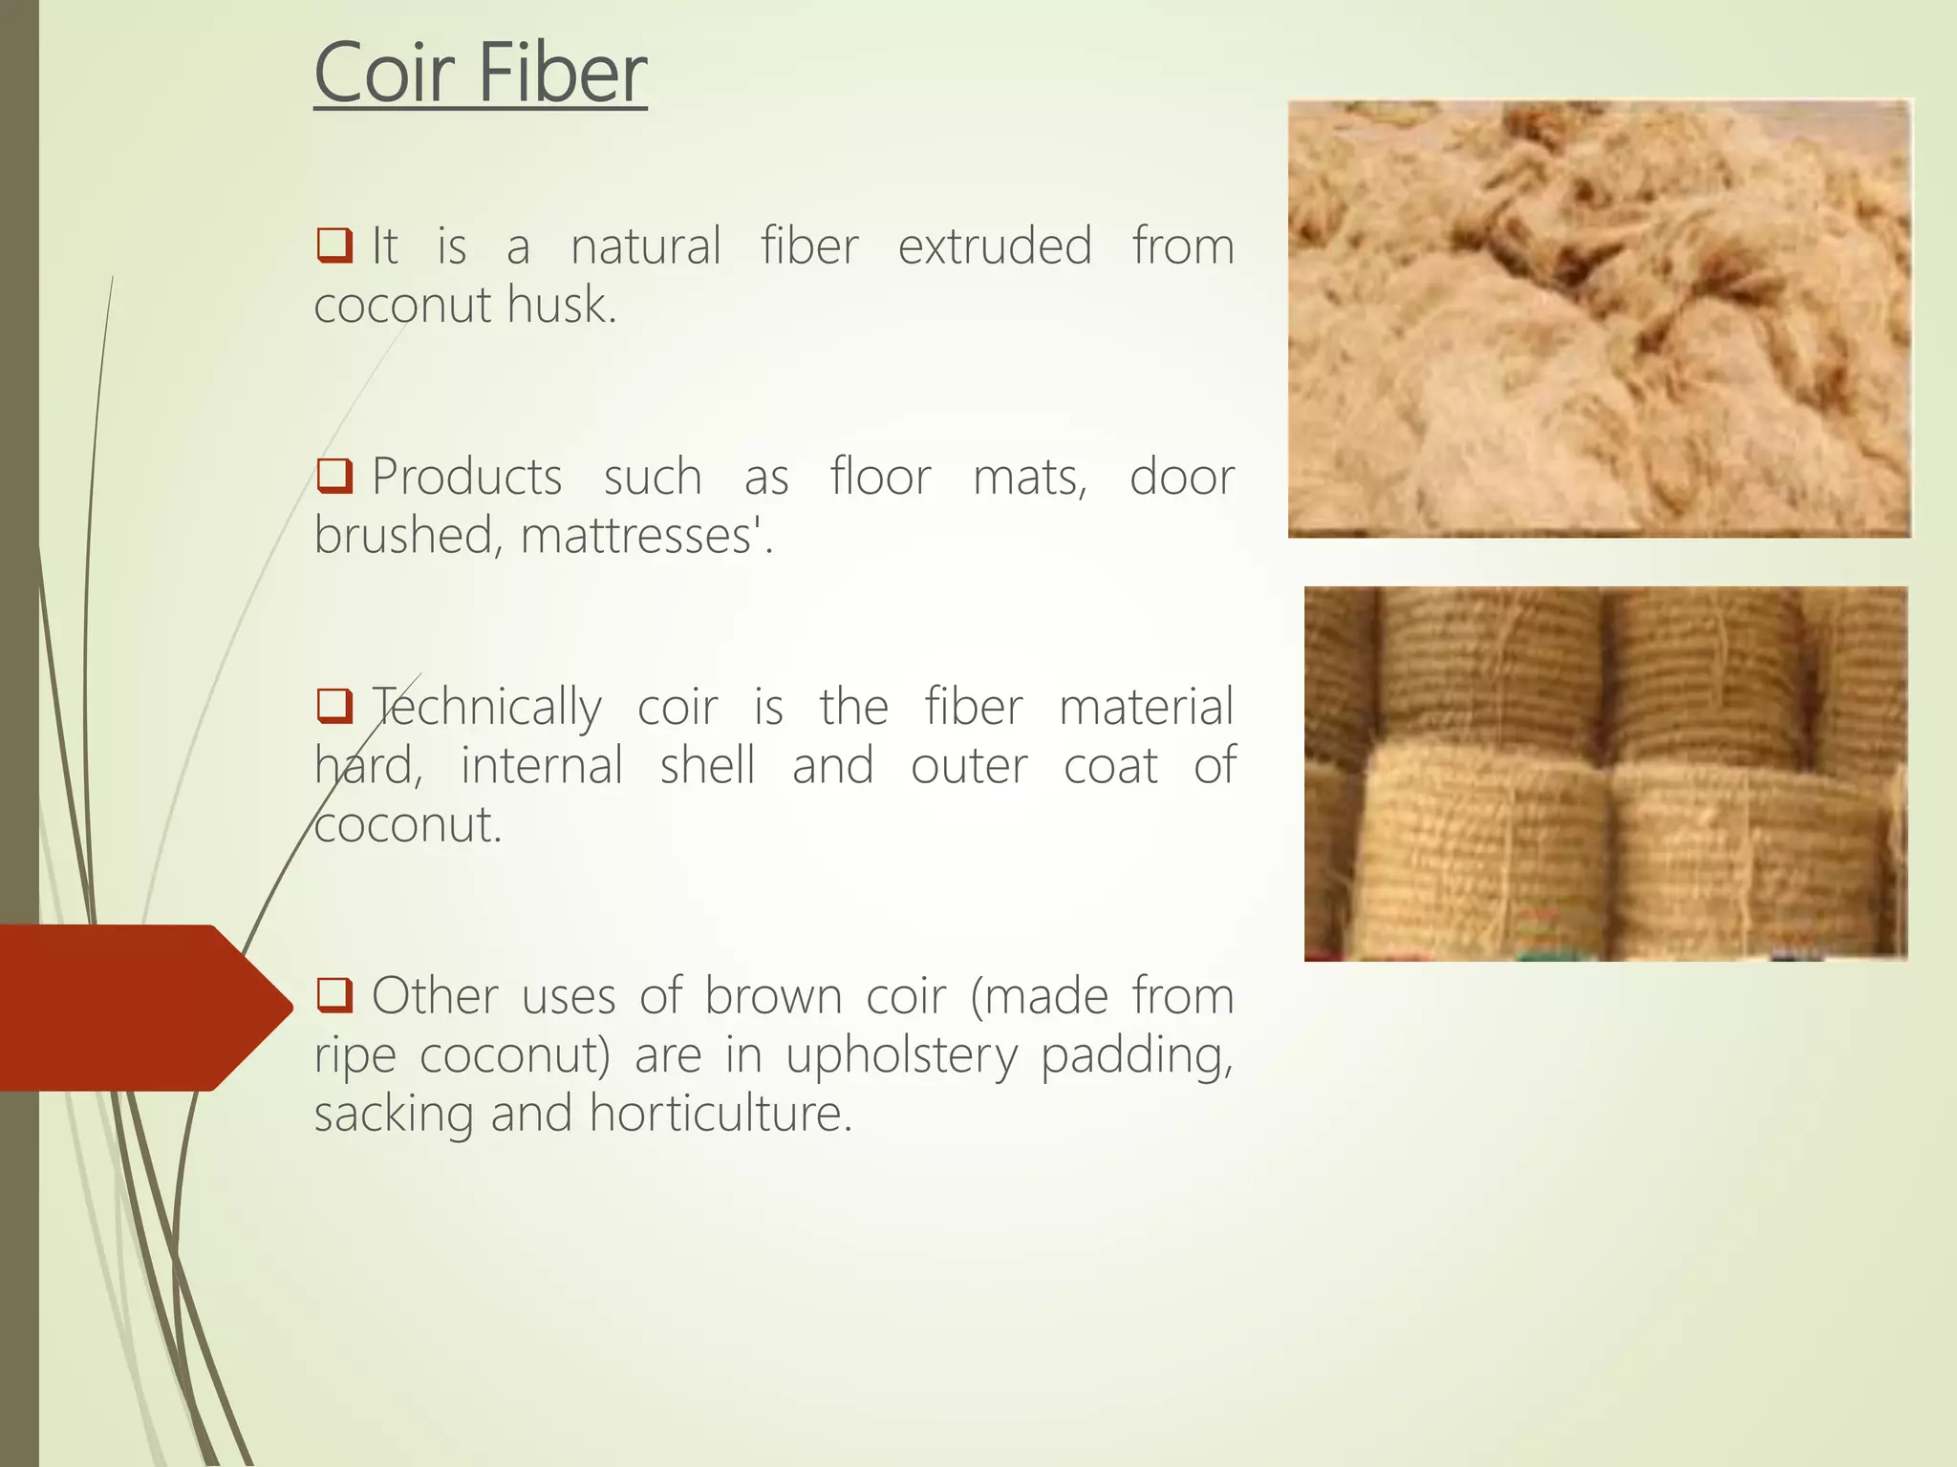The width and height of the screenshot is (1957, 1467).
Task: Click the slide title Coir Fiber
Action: (x=481, y=74)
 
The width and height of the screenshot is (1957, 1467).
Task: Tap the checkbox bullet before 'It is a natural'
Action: (x=334, y=244)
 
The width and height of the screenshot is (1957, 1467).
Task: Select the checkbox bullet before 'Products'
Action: (x=334, y=475)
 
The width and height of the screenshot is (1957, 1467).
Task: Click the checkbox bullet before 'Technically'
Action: (x=334, y=705)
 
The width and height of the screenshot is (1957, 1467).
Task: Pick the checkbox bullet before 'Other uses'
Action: (x=334, y=994)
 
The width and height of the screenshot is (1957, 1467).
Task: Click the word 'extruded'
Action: (x=995, y=246)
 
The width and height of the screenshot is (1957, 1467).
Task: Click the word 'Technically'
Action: (x=487, y=709)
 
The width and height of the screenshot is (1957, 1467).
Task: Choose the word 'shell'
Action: (x=707, y=766)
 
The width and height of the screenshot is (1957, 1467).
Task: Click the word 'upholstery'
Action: (x=902, y=1056)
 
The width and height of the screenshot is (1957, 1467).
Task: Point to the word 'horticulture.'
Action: (x=720, y=1114)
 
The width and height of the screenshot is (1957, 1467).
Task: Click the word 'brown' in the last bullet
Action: (x=773, y=996)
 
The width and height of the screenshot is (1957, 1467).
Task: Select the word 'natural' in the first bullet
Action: (x=646, y=246)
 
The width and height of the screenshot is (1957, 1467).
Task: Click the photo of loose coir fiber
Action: (x=1600, y=318)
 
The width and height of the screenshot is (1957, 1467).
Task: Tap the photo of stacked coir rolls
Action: (x=1605, y=774)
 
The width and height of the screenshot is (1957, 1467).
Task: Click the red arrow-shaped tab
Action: (x=134, y=1008)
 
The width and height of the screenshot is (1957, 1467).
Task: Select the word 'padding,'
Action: (x=1136, y=1056)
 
